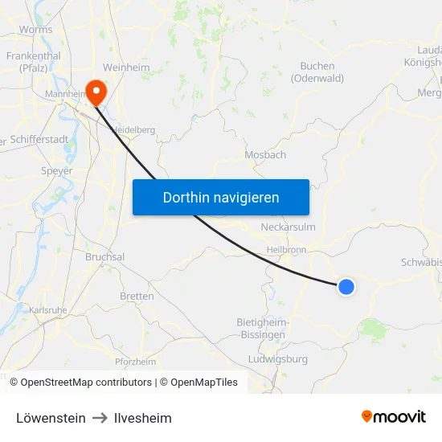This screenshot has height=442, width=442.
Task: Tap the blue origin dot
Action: pyautogui.click(x=346, y=286)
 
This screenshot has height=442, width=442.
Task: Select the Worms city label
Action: pyautogui.click(x=35, y=30)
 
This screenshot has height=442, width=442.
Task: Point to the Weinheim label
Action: pyautogui.click(x=126, y=68)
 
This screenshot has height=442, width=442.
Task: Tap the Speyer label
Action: pyautogui.click(x=56, y=171)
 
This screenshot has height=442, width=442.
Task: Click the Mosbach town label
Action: pyautogui.click(x=265, y=155)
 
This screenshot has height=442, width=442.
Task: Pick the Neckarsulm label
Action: pyautogui.click(x=288, y=227)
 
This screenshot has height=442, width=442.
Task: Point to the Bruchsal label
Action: pyautogui.click(x=104, y=257)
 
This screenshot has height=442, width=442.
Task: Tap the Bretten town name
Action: pyautogui.click(x=137, y=297)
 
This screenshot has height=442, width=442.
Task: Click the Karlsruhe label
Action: pyautogui.click(x=47, y=310)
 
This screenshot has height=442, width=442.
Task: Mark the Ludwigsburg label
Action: pyautogui.click(x=278, y=359)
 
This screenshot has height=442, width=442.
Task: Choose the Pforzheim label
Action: pyautogui.click(x=135, y=362)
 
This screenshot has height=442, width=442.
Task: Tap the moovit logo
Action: pyautogui.click(x=394, y=416)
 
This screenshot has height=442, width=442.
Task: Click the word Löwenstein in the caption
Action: pyautogui.click(x=51, y=418)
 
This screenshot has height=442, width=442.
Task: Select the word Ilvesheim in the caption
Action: pyautogui.click(x=142, y=418)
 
